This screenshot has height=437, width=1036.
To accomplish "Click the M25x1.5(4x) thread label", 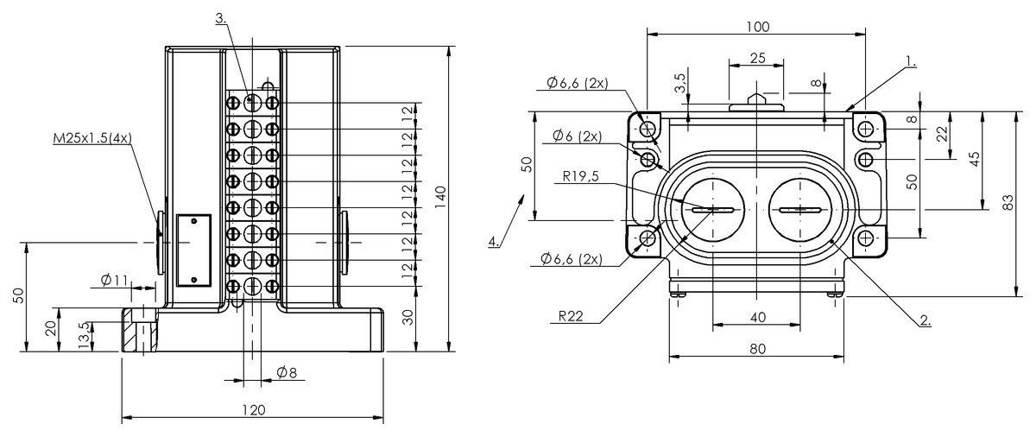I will point(92,139).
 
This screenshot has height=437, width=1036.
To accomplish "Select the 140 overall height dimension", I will point(439,198).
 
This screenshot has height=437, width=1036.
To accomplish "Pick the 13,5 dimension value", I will point(84,333).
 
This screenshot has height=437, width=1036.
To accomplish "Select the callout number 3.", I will point(222,18).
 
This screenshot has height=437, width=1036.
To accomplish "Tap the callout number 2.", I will point(925,320).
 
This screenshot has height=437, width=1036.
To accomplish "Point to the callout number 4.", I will point(493,241).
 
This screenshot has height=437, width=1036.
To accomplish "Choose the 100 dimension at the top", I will point(756,27).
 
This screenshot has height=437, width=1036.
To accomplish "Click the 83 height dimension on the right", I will point(1007,202).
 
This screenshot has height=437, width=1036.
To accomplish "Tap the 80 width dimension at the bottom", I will point(756,348).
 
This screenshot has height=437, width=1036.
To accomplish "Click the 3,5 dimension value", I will point(680,84).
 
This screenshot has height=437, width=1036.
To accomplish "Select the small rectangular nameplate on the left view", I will point(193,250).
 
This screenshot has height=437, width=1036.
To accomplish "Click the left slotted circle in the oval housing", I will point(712,210).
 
